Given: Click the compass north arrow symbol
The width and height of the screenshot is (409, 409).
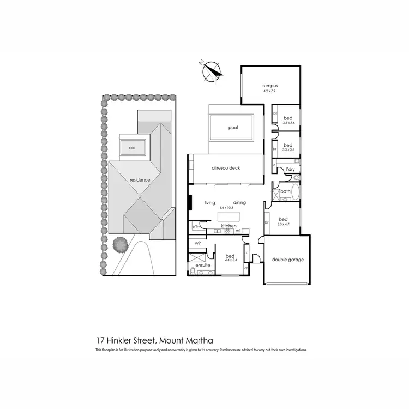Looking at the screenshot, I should coord(212,71).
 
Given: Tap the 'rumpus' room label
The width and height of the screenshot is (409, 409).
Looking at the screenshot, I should coord(270,86).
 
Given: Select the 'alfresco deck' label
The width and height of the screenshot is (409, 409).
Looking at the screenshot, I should coord(226,169).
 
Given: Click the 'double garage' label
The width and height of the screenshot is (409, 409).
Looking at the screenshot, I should coord(287,260).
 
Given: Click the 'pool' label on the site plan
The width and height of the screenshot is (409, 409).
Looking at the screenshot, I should coord(131,147).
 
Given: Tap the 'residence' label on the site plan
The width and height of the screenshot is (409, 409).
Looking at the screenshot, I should coord(140,179).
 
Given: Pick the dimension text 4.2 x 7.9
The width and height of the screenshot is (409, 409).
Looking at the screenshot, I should coord(270,91).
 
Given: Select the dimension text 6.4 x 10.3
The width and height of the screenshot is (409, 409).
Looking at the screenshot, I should coord(225,208).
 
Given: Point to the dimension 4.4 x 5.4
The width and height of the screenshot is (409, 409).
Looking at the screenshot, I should coord(231,260).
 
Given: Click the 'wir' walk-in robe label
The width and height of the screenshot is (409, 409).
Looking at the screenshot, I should coord(198,244).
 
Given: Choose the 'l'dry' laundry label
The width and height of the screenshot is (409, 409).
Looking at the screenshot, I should coord(290,170).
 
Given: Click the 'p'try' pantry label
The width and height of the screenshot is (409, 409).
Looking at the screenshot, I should coord(195,226).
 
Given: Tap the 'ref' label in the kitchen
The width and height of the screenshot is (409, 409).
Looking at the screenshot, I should coord(238,231).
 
